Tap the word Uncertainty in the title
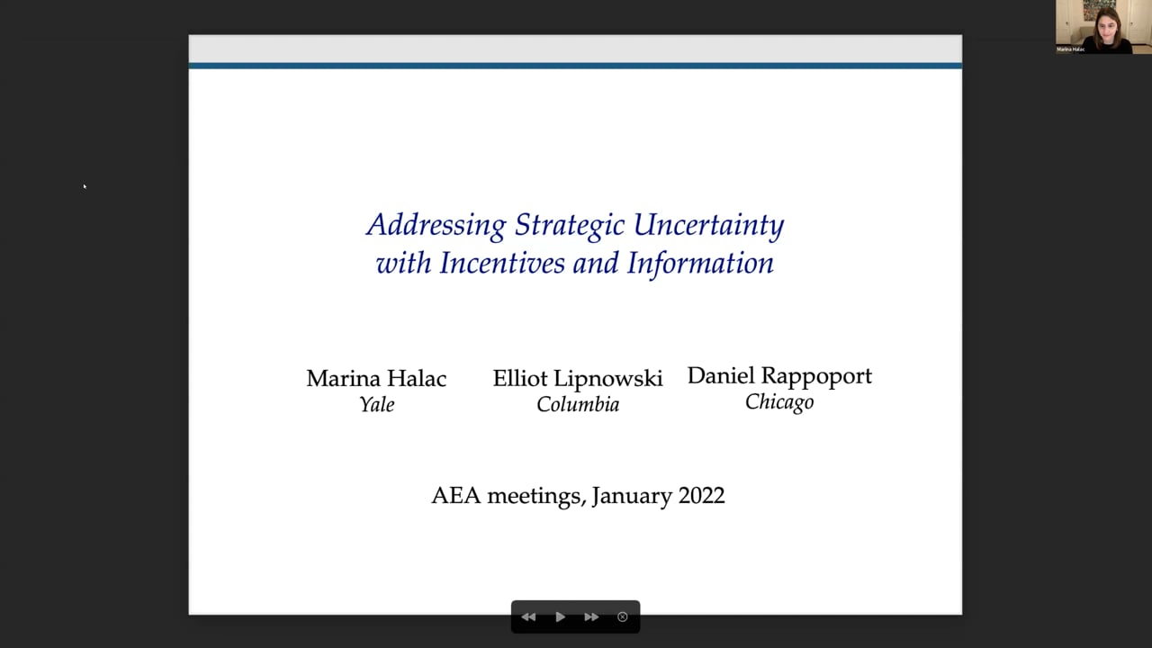[x=708, y=226]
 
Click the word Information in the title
[x=700, y=264]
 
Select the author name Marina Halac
[x=376, y=379]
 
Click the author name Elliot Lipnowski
[x=578, y=380]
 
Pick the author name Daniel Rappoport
[x=779, y=376]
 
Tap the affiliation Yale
[x=377, y=405]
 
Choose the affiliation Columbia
[x=578, y=405]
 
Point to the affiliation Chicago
[x=779, y=402]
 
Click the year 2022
[x=701, y=496]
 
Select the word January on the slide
[x=632, y=497]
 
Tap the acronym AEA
[x=456, y=496]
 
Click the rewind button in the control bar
[x=528, y=616]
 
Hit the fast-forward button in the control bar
[x=591, y=616]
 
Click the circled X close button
[x=622, y=616]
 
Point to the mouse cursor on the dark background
[x=85, y=186]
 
